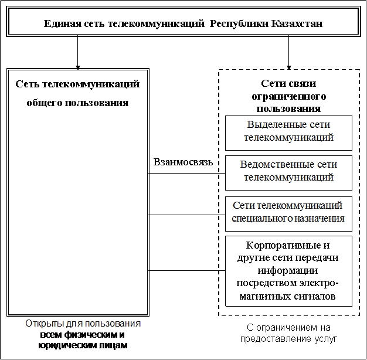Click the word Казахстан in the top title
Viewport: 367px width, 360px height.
(297, 23)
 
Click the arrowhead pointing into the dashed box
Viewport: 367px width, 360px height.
(289, 67)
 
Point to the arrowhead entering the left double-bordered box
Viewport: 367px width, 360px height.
(78, 67)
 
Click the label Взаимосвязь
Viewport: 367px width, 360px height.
(183, 162)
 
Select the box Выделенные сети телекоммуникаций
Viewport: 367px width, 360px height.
(288, 133)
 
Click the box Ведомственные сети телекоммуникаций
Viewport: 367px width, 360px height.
(288, 173)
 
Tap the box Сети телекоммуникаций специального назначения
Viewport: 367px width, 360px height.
(288, 214)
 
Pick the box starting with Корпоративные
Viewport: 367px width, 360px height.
(288, 271)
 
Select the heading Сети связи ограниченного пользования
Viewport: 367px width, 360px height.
(288, 96)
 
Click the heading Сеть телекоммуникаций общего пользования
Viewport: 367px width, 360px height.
(77, 93)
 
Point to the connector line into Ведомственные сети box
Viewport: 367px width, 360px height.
(187, 173)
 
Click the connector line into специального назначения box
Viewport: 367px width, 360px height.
(187, 215)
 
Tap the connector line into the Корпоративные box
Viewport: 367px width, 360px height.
(187, 270)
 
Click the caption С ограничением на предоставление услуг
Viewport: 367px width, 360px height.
(288, 333)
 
